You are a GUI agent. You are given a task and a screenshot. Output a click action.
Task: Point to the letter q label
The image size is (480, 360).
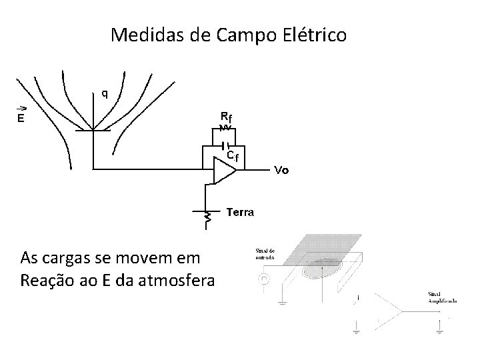click(104, 93)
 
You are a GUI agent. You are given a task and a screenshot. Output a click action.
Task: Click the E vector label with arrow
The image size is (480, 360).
click(21, 117)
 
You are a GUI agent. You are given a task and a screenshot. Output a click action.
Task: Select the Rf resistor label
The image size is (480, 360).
click(226, 115)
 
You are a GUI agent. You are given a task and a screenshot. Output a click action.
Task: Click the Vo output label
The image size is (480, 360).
click(282, 170)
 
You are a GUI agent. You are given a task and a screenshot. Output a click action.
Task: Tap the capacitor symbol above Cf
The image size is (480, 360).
click(226, 143)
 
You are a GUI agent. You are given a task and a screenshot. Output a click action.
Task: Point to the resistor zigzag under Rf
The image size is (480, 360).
click(225, 127)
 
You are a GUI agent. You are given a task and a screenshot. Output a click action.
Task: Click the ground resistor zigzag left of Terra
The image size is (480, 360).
click(207, 218)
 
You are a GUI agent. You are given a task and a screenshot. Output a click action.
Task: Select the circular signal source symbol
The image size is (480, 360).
click(263, 280)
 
